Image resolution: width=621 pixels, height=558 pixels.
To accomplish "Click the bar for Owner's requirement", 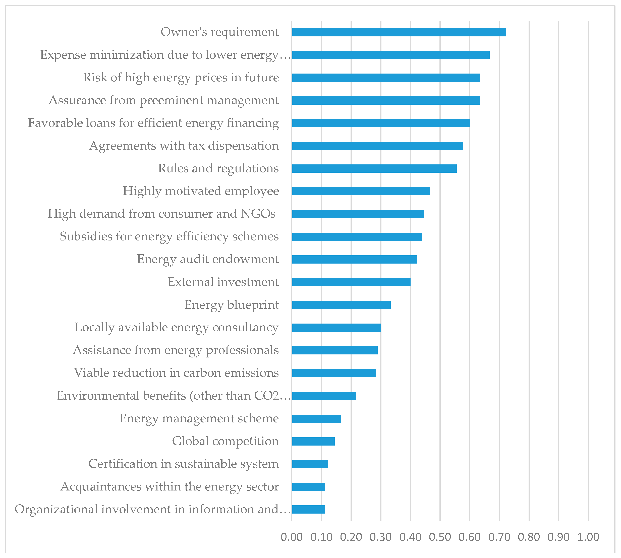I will tap(399, 32).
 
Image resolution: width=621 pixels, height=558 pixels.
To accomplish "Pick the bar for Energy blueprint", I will tap(341, 305).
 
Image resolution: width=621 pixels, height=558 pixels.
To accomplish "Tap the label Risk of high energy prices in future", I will tap(181, 78).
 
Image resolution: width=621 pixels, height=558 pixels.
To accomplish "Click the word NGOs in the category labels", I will tap(258, 214).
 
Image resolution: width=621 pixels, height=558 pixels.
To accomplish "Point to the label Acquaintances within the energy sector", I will tap(170, 487).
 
